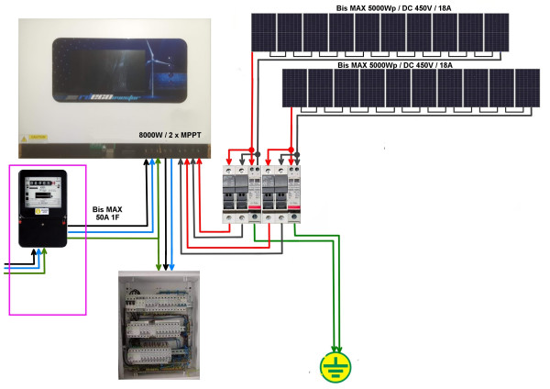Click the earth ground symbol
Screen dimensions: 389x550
point(335,366)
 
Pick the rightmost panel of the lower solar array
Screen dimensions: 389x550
point(528,89)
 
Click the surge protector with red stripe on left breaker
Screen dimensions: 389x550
point(255,194)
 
